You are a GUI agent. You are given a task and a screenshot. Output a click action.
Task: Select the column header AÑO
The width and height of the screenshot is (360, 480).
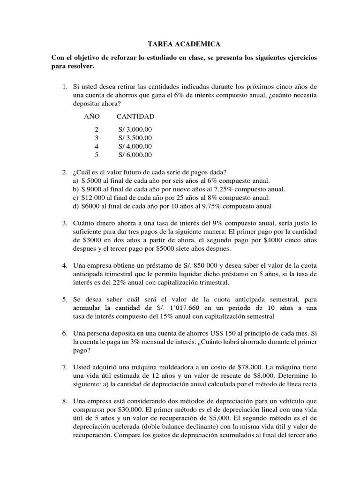[92, 116]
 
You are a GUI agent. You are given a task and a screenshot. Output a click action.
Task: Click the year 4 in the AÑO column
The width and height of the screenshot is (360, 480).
[97, 146]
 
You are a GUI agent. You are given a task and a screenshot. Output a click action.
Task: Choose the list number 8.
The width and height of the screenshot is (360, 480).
[65, 400]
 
